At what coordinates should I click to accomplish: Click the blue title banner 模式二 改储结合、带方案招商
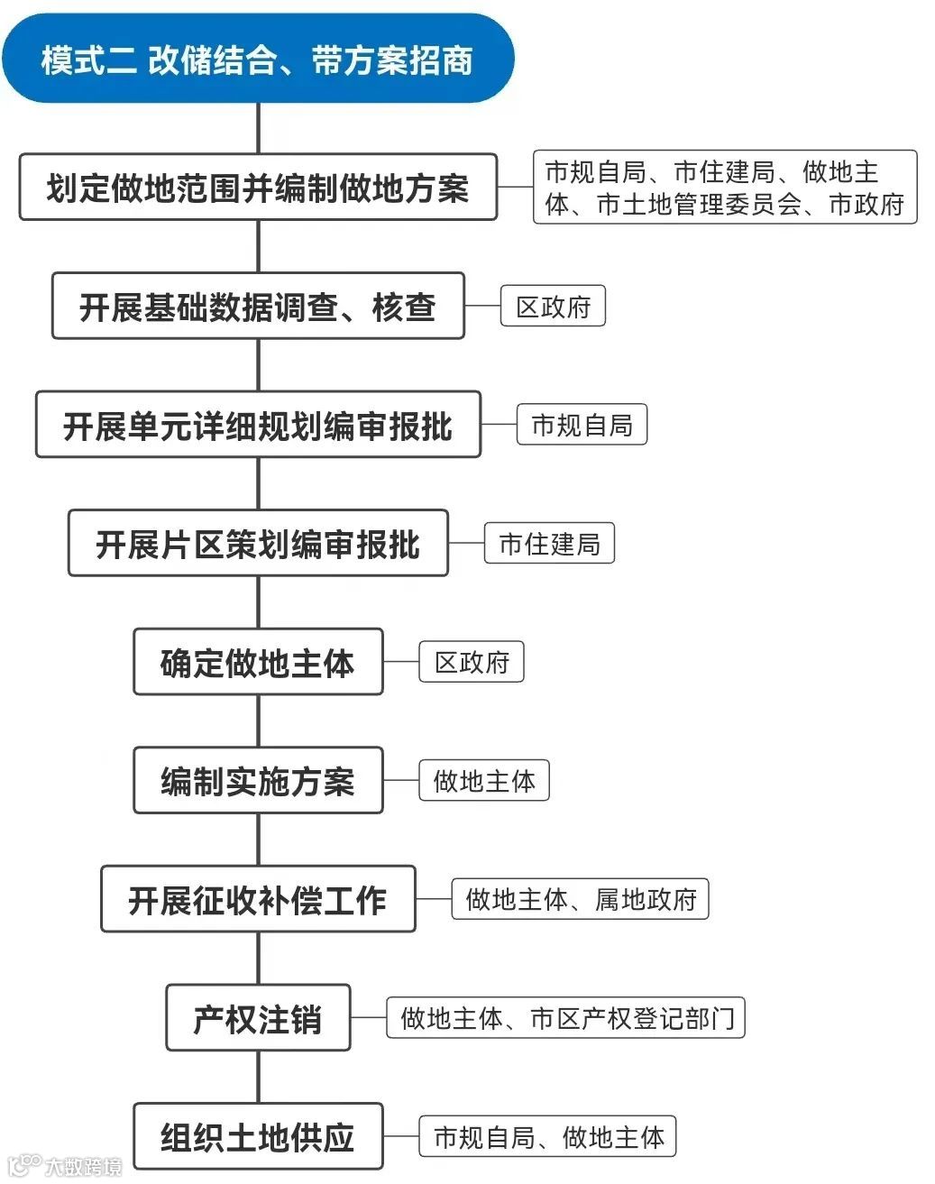point(258,60)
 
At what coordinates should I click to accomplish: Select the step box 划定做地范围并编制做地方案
point(258,188)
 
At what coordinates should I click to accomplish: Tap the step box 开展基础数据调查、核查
point(258,307)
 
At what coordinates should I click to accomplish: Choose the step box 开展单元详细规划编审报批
point(258,425)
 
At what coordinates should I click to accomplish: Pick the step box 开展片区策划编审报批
point(258,544)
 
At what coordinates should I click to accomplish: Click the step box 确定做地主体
point(258,663)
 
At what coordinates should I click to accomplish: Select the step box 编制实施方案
point(258,781)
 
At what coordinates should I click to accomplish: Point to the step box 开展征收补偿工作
point(258,900)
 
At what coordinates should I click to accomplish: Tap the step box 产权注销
point(258,1018)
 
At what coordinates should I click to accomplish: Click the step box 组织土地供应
point(258,1137)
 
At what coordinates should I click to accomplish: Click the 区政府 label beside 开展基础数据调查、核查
point(553,307)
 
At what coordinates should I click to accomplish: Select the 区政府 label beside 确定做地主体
point(472,663)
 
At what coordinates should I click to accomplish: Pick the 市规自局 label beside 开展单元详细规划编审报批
point(582,425)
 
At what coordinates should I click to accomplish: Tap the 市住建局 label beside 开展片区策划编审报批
point(549,544)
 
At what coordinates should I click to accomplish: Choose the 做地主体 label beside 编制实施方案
point(484,781)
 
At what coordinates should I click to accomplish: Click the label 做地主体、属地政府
point(581,900)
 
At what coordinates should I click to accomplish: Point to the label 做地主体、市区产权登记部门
point(566,1018)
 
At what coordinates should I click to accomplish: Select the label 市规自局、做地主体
point(548,1137)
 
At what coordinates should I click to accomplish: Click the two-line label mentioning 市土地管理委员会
point(725,188)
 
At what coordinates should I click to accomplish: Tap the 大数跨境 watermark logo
point(63,1167)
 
